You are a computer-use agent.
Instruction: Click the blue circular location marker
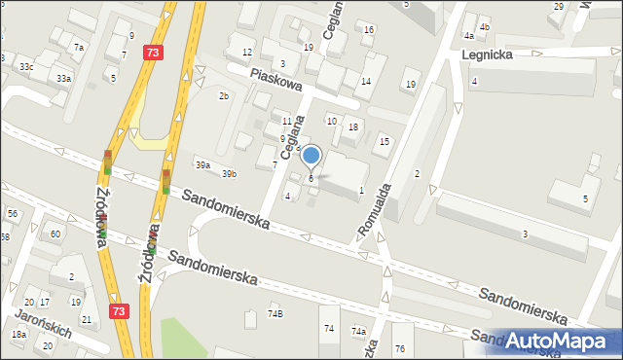[x=311, y=155]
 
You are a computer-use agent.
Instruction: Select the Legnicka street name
[x=486, y=56]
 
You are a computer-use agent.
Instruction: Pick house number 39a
[x=202, y=166]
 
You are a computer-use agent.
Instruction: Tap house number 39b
[x=228, y=174]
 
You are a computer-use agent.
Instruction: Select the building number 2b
[x=223, y=95]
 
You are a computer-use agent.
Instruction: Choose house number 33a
[x=63, y=78]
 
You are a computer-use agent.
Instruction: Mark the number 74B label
[x=275, y=313]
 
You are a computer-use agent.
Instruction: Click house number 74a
[x=359, y=332]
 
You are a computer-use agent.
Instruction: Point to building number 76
[x=399, y=348]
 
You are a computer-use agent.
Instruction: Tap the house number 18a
[x=18, y=334]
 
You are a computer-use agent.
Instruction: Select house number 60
[x=55, y=234]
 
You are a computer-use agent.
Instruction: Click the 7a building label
[x=79, y=47]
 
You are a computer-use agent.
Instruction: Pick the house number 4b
[x=484, y=27]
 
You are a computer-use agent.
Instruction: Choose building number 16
[x=368, y=29]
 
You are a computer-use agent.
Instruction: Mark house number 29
[x=558, y=7]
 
